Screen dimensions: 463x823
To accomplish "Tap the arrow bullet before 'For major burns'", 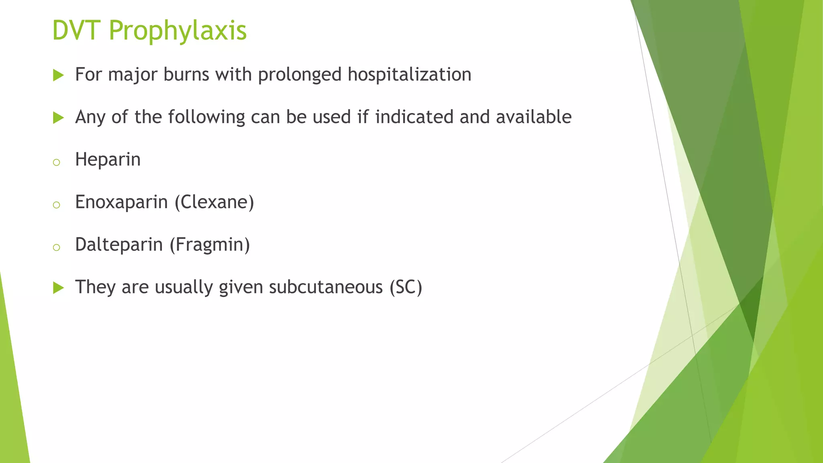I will pyautogui.click(x=58, y=75).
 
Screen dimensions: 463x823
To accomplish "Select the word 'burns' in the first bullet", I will pyautogui.click(x=186, y=74).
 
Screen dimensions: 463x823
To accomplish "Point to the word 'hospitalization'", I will pyautogui.click(x=409, y=75).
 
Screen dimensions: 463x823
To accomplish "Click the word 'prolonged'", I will pyautogui.click(x=299, y=75).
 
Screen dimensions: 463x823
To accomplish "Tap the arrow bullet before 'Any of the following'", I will pyautogui.click(x=58, y=118).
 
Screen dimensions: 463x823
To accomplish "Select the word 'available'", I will pyautogui.click(x=533, y=117).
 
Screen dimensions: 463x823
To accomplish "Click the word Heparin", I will pyautogui.click(x=108, y=160).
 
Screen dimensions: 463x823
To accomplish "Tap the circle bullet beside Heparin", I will pyautogui.click(x=56, y=162).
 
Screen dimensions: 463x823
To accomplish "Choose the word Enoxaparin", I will pyautogui.click(x=121, y=202).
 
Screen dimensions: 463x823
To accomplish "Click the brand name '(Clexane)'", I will pyautogui.click(x=214, y=202).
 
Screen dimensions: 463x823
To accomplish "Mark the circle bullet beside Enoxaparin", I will pyautogui.click(x=56, y=205).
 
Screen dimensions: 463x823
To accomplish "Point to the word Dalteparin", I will pyautogui.click(x=119, y=244).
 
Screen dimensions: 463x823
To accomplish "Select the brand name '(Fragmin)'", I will pyautogui.click(x=209, y=244).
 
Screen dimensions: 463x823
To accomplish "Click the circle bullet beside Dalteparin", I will pyautogui.click(x=56, y=247).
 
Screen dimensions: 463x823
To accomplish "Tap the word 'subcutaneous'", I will pyautogui.click(x=326, y=287).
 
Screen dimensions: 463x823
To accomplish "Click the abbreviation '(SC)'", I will pyautogui.click(x=406, y=287).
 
